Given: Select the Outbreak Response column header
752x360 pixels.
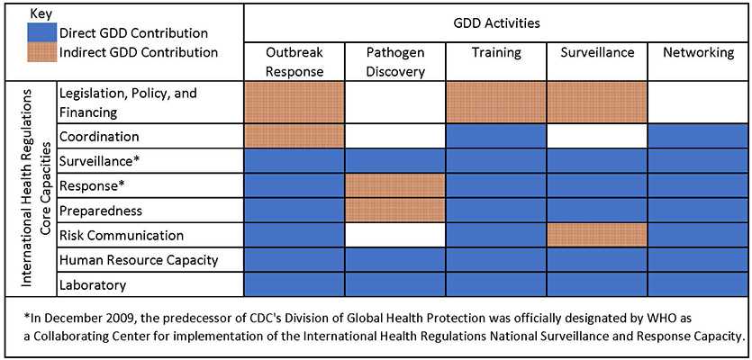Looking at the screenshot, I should click(x=294, y=61).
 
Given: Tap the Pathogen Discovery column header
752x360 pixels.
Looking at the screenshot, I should click(x=394, y=61).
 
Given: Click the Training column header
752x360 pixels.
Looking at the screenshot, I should click(x=496, y=53).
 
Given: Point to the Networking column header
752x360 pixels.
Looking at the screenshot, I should click(x=698, y=53).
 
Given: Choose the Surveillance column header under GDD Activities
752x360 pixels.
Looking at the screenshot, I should click(x=597, y=53).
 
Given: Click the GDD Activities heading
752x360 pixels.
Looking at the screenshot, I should click(x=496, y=20).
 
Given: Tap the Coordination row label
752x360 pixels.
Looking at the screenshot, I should click(x=98, y=136).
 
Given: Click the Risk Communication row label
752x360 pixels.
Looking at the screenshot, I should click(x=121, y=235).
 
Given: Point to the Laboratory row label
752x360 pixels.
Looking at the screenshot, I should click(x=92, y=284).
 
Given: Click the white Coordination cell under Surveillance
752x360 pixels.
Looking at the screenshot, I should click(x=597, y=136).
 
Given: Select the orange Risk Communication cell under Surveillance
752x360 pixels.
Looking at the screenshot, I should click(x=597, y=235).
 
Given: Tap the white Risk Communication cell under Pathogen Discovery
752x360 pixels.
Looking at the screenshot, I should click(x=394, y=235).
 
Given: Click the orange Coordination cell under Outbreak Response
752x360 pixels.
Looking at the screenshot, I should click(x=294, y=136).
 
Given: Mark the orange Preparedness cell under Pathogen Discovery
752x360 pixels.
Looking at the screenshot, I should click(x=394, y=210).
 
